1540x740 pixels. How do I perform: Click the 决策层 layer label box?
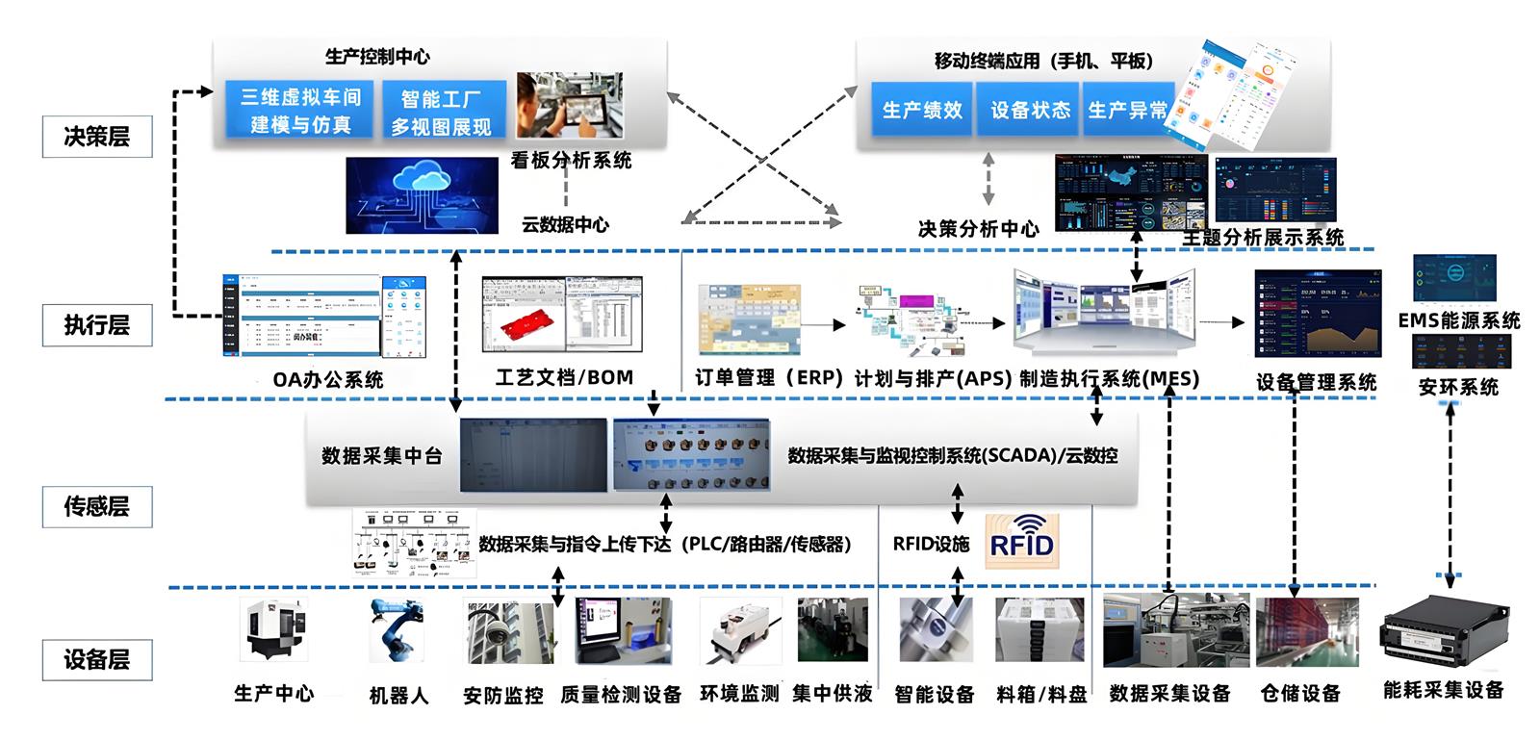pos(97,137)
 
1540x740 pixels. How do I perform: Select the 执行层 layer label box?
pos(97,325)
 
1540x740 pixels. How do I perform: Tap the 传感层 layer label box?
pos(97,506)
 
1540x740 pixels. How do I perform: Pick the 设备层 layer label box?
pos(97,659)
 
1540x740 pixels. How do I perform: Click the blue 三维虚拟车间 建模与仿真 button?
pos(300,110)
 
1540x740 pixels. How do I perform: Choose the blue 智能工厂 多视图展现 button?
pos(442,112)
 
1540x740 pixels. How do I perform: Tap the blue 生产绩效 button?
pos(922,111)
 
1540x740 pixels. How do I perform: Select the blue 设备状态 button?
pos(1030,111)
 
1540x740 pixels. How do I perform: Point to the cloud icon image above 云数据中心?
pos(423,194)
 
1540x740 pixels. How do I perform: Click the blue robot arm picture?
pos(397,631)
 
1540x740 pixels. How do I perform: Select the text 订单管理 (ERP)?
pos(768,378)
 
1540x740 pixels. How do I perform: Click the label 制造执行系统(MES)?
pos(1109,378)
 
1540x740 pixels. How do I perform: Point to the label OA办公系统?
pos(327,379)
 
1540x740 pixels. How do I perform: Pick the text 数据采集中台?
pos(381,455)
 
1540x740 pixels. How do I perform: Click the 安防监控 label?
pos(502,695)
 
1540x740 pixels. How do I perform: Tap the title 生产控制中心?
pos(377,57)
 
